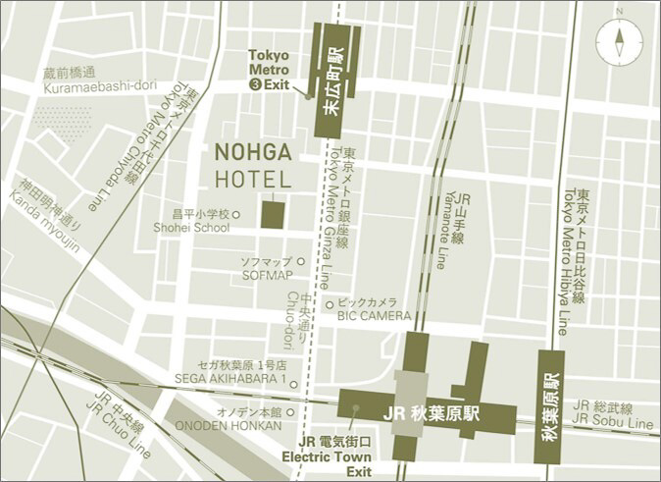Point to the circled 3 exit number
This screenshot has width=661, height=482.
(257, 85)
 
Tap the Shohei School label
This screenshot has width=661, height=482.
(190, 228)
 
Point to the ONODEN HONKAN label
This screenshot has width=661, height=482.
(229, 426)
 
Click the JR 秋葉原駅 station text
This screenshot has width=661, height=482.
(432, 413)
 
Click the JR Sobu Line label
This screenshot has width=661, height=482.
(613, 422)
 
